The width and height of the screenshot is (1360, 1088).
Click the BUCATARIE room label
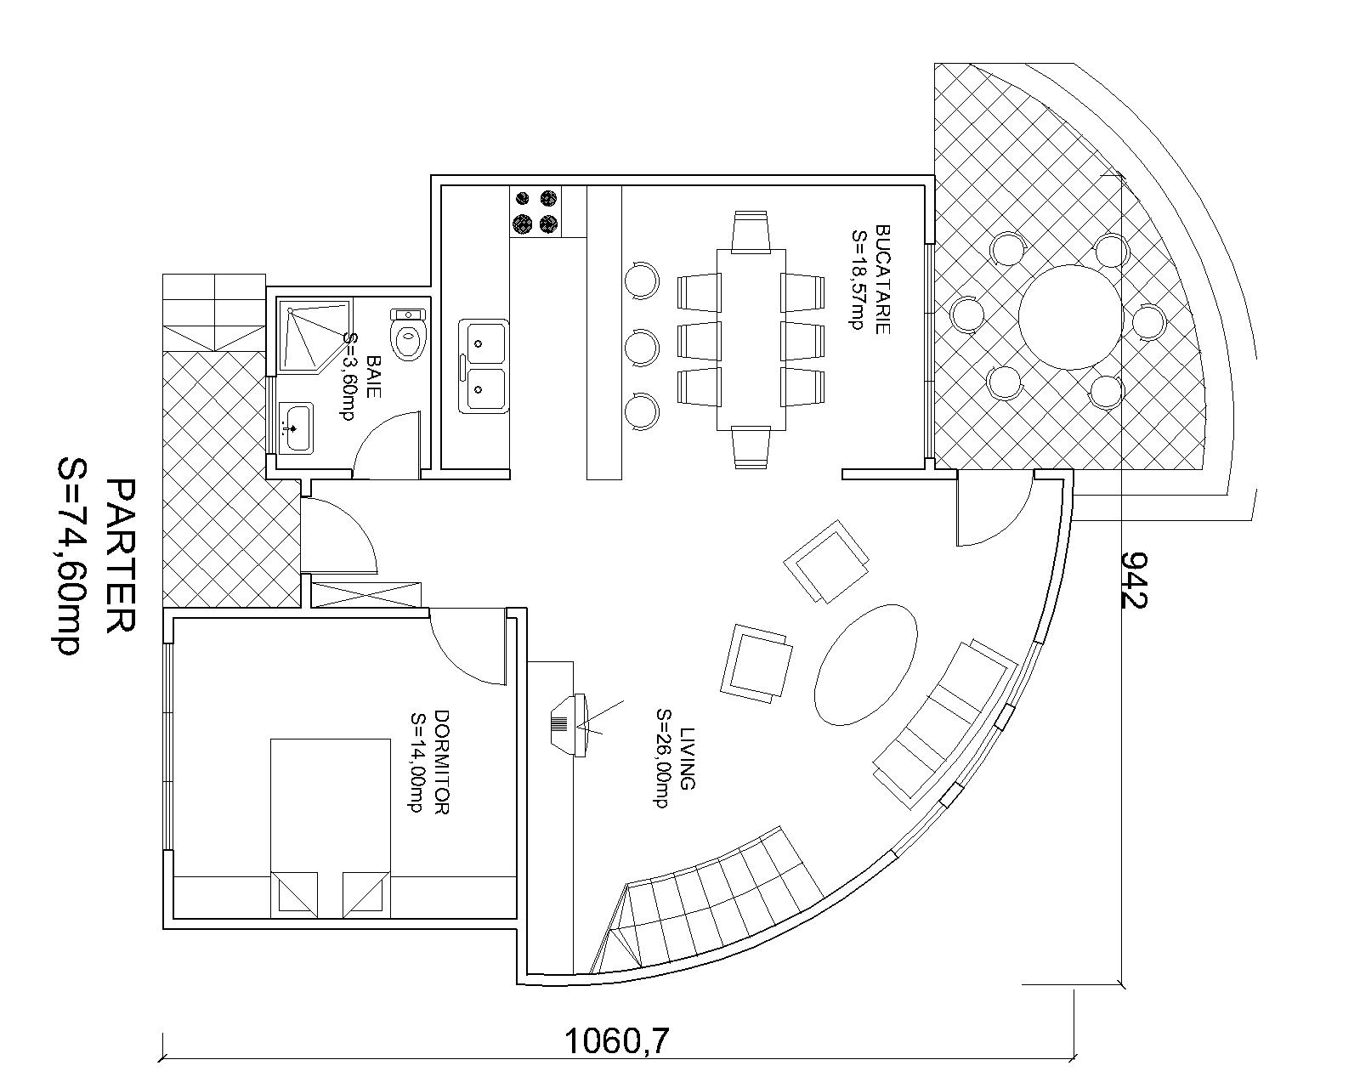(x=882, y=279)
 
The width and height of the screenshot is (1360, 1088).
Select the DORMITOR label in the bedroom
(x=442, y=762)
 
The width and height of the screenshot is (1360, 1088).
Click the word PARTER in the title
(x=120, y=557)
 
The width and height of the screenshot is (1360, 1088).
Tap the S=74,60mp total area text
(x=68, y=557)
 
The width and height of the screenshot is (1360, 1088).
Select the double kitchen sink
(x=484, y=366)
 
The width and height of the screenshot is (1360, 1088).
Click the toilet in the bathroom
(x=408, y=334)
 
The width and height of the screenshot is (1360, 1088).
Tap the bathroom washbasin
(x=296, y=428)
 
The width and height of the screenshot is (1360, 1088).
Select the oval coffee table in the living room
(x=866, y=663)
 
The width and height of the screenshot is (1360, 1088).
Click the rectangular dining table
(x=751, y=339)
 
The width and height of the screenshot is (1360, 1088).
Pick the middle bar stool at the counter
(x=642, y=347)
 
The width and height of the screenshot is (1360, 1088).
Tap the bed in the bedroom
(x=330, y=829)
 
